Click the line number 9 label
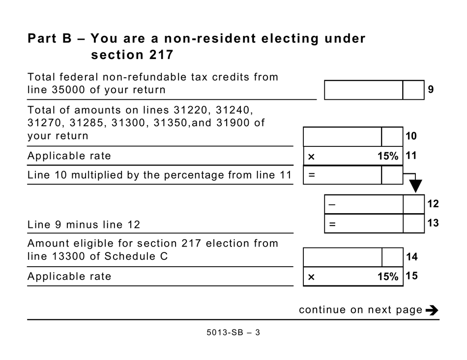click(431, 90)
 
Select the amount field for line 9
click(363, 90)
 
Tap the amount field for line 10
click(342, 136)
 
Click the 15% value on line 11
click(387, 156)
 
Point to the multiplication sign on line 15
click(311, 277)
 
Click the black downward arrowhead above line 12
click(416, 186)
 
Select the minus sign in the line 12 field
click(332, 204)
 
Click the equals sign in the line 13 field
click(332, 224)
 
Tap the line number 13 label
click(433, 223)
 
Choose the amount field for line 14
click(342, 257)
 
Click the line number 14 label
click(412, 257)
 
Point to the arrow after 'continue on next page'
click(432, 310)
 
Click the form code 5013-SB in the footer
click(224, 332)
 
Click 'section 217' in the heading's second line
click(132, 55)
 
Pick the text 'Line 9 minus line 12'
click(84, 225)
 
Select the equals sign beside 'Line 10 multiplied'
click(311, 175)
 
